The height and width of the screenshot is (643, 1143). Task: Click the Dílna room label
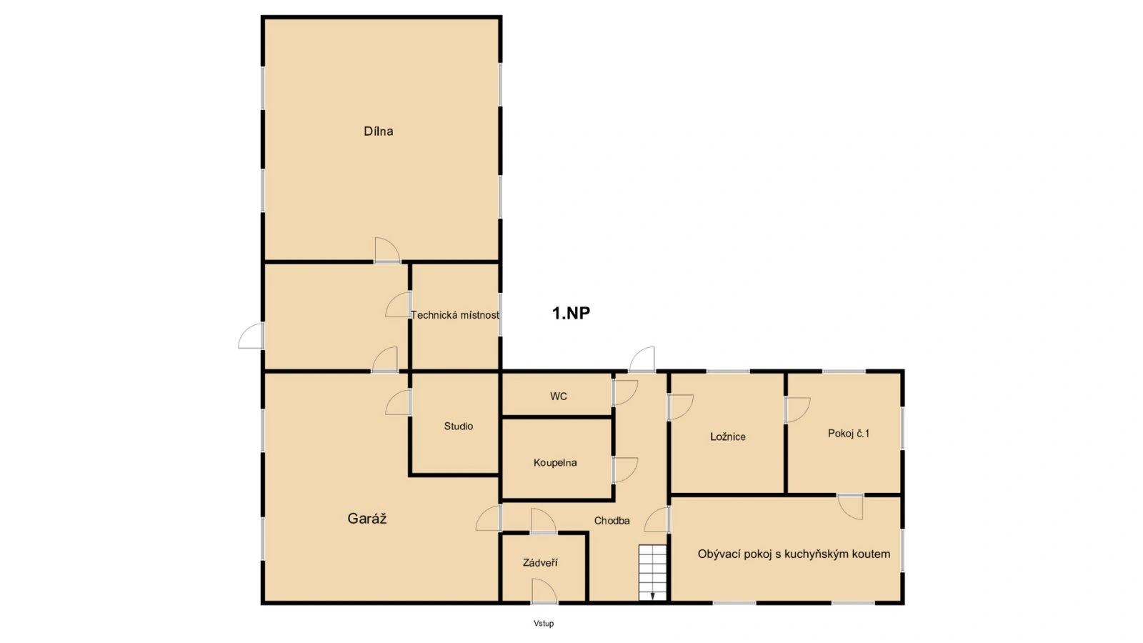click(x=378, y=131)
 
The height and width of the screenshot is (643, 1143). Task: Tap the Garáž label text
click(x=367, y=519)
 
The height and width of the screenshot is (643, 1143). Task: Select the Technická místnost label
click(x=455, y=315)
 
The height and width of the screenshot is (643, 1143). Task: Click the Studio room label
click(x=458, y=426)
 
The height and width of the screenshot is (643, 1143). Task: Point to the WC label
click(x=558, y=396)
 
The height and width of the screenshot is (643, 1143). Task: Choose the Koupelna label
click(x=555, y=463)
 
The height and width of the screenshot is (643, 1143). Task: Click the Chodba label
click(x=612, y=521)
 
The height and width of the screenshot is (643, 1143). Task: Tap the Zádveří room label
click(x=540, y=563)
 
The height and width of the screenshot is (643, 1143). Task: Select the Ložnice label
click(x=728, y=437)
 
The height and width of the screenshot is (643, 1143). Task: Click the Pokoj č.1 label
click(x=849, y=433)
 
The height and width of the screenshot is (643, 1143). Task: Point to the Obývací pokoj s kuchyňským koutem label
click(x=794, y=554)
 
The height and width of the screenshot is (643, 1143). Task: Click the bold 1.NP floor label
click(x=571, y=313)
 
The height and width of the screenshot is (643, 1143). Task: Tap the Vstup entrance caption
click(x=544, y=623)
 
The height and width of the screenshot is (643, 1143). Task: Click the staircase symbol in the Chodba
click(x=653, y=572)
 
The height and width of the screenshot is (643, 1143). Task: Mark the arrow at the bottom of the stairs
click(x=653, y=596)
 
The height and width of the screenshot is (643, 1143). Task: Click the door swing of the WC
click(x=625, y=393)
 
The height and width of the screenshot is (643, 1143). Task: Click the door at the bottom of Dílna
click(x=387, y=250)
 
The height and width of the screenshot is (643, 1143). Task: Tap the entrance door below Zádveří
click(x=544, y=591)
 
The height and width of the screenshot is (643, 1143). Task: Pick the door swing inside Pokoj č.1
click(x=798, y=410)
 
